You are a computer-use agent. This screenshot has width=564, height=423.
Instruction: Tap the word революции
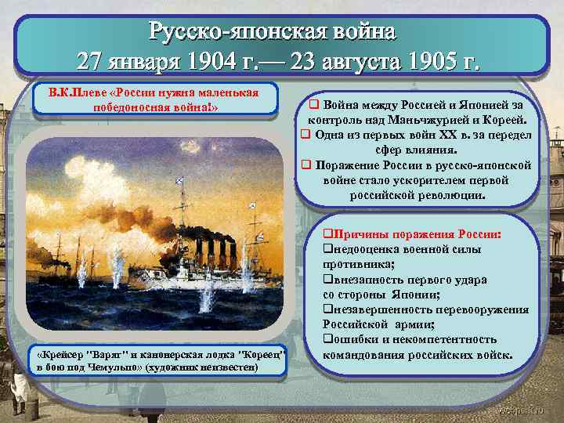click(451, 194)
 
